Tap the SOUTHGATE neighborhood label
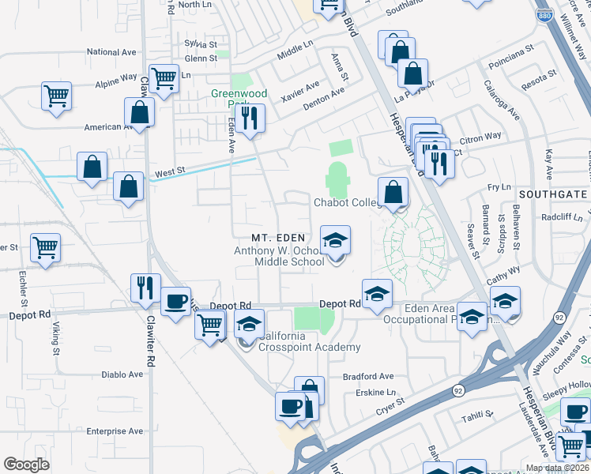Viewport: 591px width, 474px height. [x=553, y=194]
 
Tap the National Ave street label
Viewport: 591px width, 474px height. [x=112, y=52]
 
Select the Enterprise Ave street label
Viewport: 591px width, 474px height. [x=115, y=431]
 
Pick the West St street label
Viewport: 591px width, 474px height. [x=170, y=171]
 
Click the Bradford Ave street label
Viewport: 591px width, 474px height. [x=368, y=377]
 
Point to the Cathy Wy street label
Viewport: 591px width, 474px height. [x=503, y=270]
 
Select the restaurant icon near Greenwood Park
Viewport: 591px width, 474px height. [x=250, y=118]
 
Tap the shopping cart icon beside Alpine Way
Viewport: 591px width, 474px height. [x=164, y=79]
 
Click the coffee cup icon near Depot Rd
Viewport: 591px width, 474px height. [x=175, y=300]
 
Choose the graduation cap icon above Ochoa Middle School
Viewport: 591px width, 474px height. [x=335, y=239]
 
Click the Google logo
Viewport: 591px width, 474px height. [x=27, y=465]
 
